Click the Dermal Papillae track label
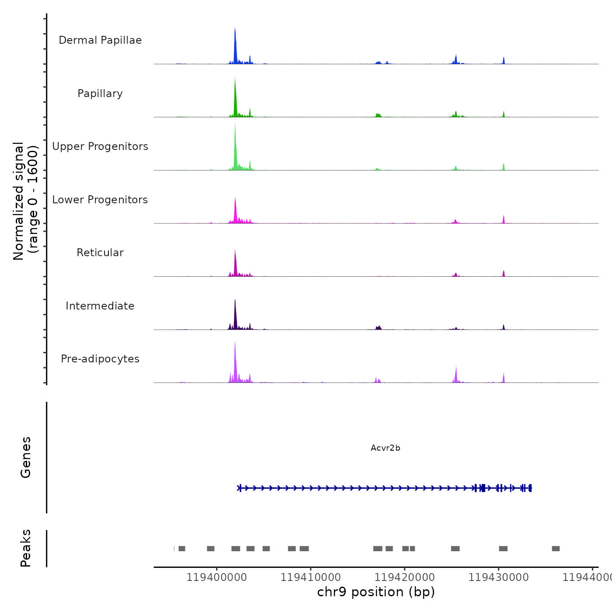[x=100, y=40]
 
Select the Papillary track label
[x=100, y=94]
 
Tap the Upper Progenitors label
[x=100, y=146]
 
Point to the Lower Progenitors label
[x=100, y=200]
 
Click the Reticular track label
[x=100, y=253]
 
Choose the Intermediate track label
[x=100, y=306]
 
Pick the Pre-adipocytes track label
[x=100, y=359]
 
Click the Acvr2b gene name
[x=385, y=448]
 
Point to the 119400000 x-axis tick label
[x=217, y=577]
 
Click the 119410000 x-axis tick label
[x=311, y=577]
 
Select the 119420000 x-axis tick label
[x=405, y=577]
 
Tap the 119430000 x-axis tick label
[x=499, y=577]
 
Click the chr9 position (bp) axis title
[x=376, y=592]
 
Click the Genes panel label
[x=26, y=457]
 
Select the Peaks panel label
[x=26, y=548]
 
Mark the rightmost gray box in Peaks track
[x=556, y=549]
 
